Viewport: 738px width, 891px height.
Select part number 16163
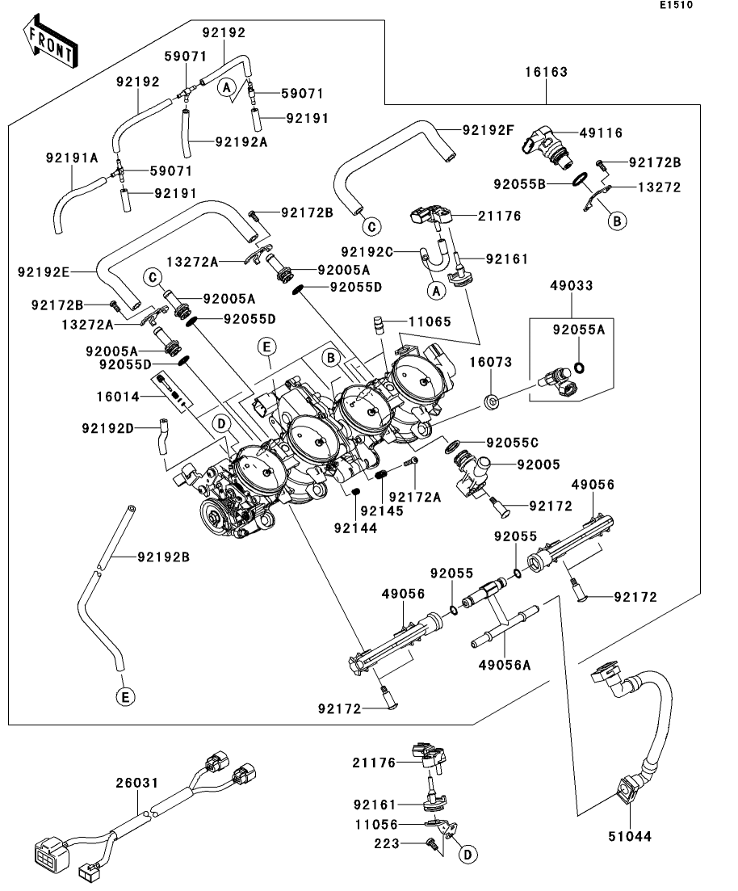(549, 72)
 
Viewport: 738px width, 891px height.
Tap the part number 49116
(602, 133)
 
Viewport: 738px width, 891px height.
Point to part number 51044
(630, 838)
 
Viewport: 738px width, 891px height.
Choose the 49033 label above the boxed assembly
(572, 286)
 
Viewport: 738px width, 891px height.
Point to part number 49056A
(505, 665)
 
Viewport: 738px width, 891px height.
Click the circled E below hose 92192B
(124, 696)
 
